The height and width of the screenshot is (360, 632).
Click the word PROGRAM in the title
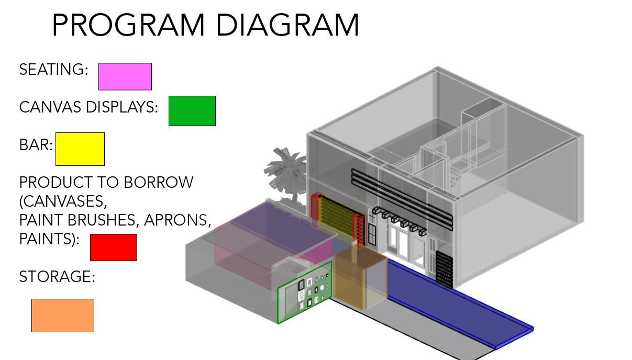128,25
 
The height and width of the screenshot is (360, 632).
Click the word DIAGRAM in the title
287,25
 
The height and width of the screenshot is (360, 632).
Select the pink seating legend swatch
125,77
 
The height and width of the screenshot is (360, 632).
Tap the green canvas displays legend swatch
192,111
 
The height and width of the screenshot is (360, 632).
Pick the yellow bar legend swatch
80,149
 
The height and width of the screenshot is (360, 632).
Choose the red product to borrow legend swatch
113,248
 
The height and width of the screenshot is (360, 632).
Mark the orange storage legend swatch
62,316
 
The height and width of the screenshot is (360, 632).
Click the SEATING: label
53,70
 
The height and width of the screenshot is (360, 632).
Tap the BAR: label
36,145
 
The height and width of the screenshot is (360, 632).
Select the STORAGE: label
57,277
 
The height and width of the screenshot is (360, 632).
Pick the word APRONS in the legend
176,220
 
